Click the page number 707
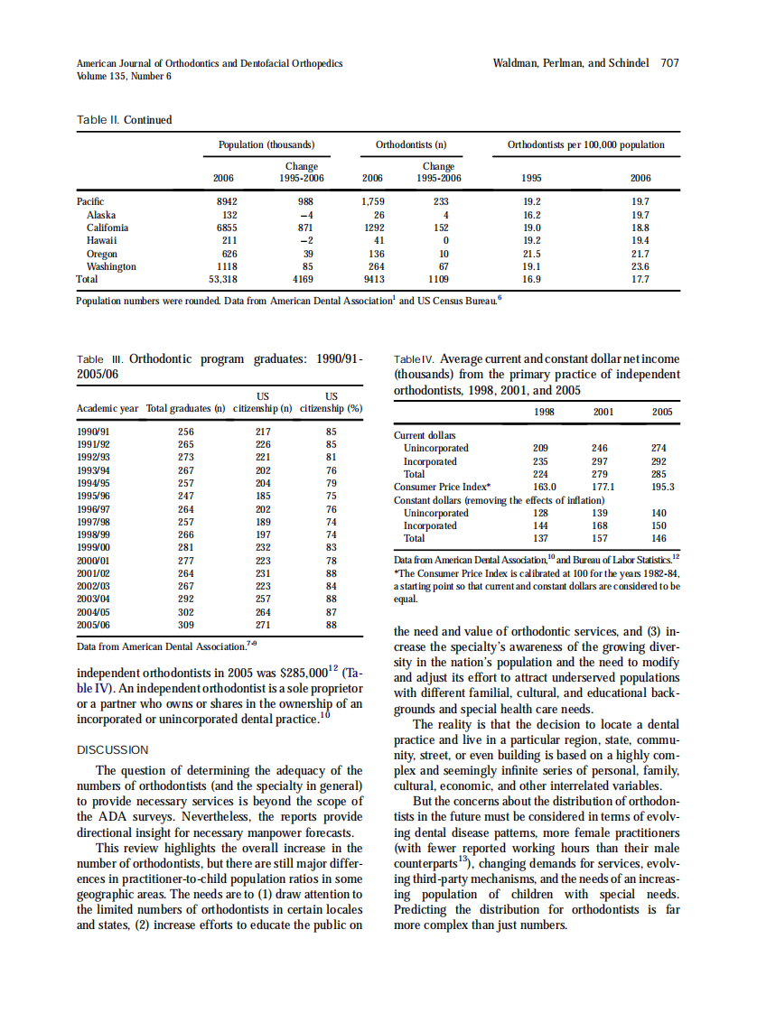click(669, 63)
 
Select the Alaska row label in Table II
click(100, 215)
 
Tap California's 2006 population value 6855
click(222, 228)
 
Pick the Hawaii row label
click(100, 241)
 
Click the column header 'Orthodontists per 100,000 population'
click(585, 144)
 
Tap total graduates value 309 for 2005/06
click(185, 624)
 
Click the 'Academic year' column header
click(107, 409)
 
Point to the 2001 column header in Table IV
click(603, 412)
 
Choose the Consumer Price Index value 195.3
click(662, 487)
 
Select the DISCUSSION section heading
click(112, 750)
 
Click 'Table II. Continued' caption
click(125, 120)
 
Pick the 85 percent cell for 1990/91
click(331, 432)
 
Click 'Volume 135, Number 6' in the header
click(124, 76)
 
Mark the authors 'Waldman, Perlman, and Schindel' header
click(570, 63)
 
